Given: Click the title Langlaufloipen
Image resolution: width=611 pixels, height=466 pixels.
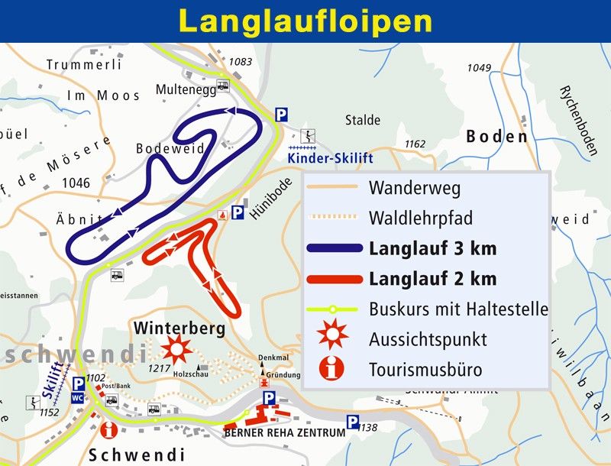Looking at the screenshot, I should (305, 21).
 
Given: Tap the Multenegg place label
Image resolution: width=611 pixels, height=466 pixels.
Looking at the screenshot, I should (186, 89).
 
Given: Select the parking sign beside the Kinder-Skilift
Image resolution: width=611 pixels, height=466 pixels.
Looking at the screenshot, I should (281, 115).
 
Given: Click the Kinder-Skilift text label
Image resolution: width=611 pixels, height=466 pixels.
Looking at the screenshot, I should (330, 158).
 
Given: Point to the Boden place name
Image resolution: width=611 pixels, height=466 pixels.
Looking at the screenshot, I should (496, 137).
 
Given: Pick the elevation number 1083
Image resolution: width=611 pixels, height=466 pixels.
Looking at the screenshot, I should (240, 62).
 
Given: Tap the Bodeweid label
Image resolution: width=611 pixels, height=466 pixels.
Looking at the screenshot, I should (170, 149).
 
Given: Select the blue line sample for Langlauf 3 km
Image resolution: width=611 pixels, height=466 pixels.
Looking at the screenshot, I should (333, 248).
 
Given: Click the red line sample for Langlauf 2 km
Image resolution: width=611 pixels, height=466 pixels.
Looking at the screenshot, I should (333, 279).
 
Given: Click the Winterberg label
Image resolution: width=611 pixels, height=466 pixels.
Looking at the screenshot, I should (179, 328).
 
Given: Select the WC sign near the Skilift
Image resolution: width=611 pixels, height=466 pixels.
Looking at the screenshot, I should (77, 397).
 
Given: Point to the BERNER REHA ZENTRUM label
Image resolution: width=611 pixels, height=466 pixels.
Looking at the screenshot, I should (284, 433).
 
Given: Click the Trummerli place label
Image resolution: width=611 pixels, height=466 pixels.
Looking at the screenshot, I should (84, 65).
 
